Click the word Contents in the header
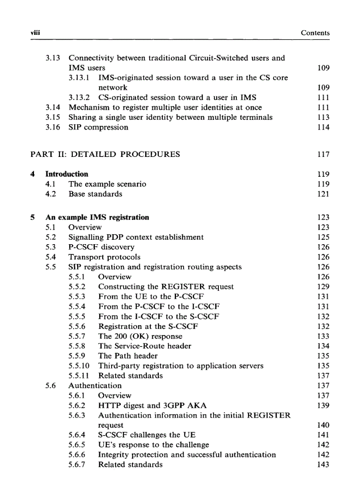click(x=315, y=33)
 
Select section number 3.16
click(x=54, y=127)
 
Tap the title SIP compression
click(x=98, y=127)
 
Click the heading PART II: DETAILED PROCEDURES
click(x=105, y=154)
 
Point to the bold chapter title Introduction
click(x=67, y=174)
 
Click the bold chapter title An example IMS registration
click(x=97, y=217)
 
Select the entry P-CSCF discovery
click(x=101, y=247)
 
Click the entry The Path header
click(x=127, y=356)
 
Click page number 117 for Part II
click(x=323, y=154)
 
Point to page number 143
click(x=323, y=465)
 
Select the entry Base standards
click(x=95, y=194)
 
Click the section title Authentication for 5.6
click(x=95, y=386)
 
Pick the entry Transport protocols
click(x=104, y=257)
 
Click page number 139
click(x=323, y=406)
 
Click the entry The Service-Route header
click(x=145, y=346)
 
